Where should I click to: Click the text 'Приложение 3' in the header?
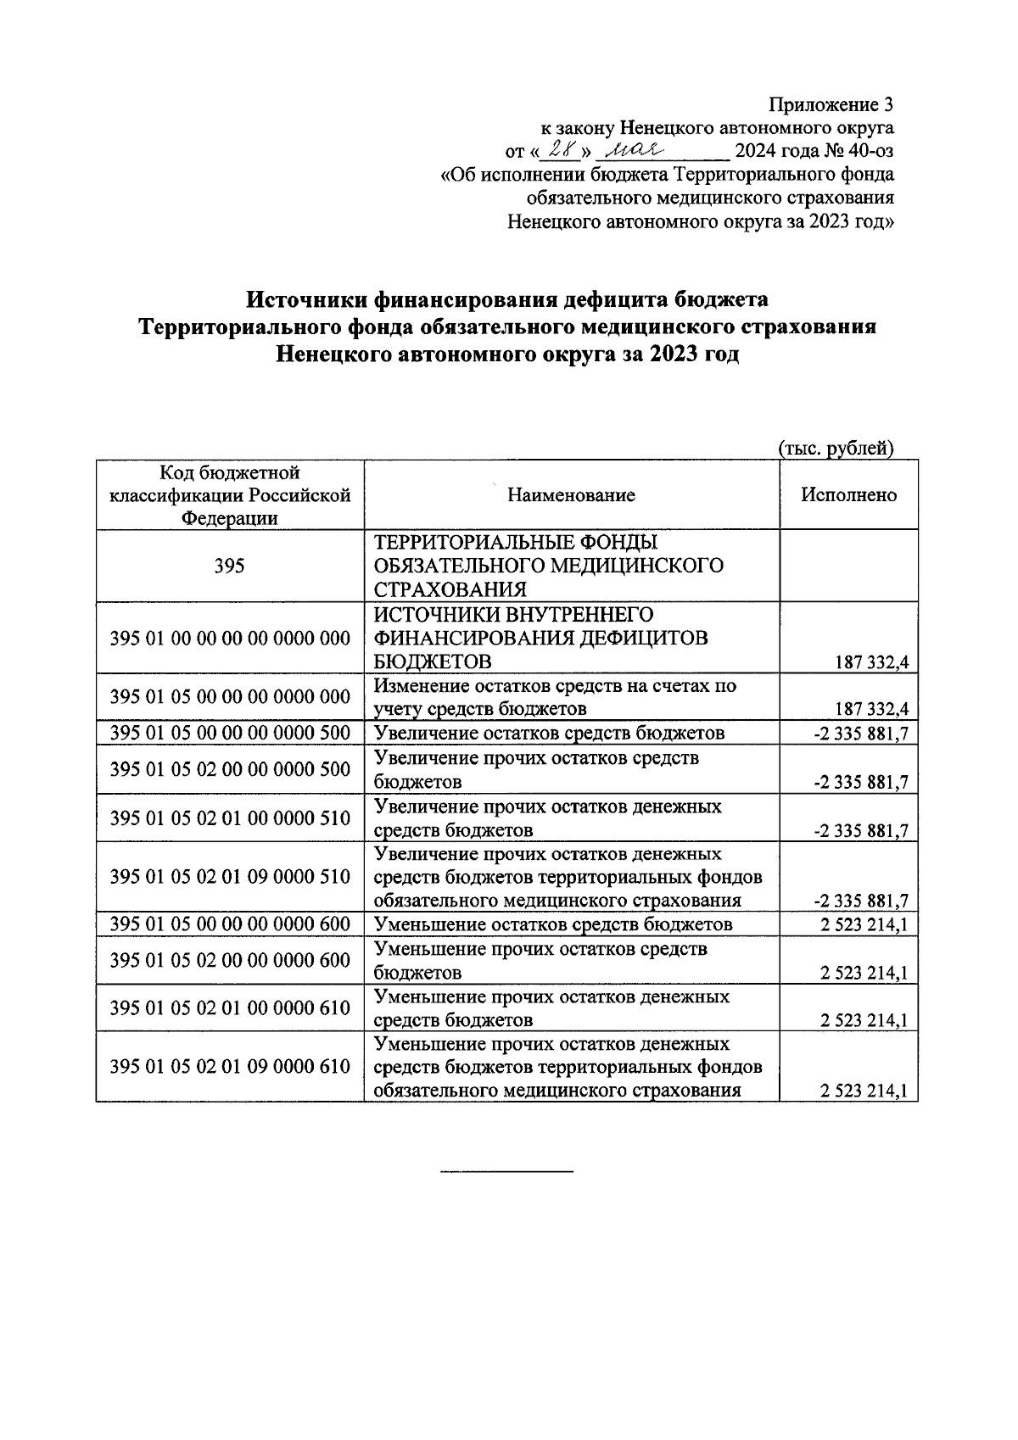[x=831, y=105]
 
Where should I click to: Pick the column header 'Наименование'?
[x=571, y=495]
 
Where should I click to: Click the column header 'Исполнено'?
[x=848, y=495]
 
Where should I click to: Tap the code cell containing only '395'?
[x=230, y=566]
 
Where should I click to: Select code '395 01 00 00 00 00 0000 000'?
[x=230, y=638]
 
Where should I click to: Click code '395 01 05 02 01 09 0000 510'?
[x=230, y=876]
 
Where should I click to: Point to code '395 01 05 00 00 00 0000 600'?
[x=230, y=924]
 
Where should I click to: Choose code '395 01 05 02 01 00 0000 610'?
[x=230, y=1007]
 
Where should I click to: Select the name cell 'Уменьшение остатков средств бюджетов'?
[x=553, y=924]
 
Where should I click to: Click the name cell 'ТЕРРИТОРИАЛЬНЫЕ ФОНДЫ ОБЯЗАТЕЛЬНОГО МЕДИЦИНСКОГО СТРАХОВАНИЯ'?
[x=548, y=566]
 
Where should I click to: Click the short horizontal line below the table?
[x=507, y=1171]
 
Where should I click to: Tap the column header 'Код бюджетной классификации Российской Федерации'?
[x=230, y=495]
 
